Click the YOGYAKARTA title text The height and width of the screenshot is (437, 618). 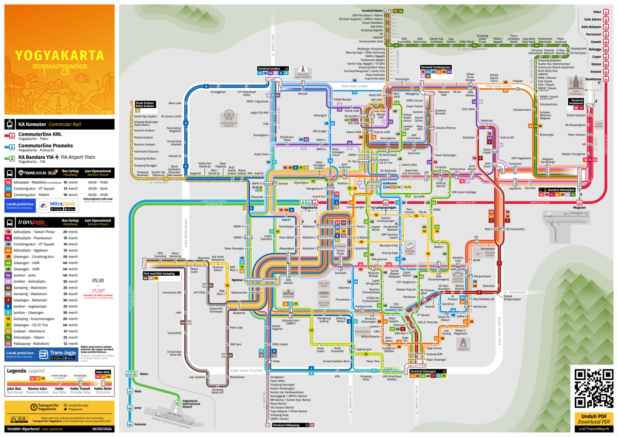click(x=58, y=55)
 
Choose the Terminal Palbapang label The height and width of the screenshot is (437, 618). click(x=287, y=425)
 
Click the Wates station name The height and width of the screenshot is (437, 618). click(x=144, y=374)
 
